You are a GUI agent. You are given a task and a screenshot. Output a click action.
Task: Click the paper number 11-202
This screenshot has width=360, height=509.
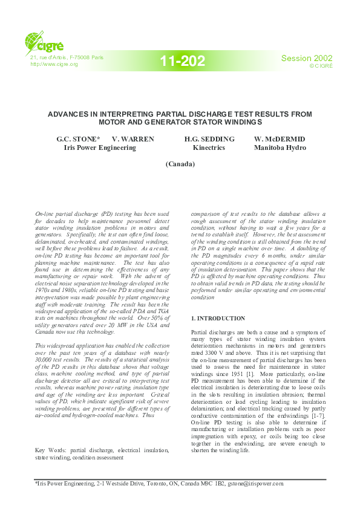183,60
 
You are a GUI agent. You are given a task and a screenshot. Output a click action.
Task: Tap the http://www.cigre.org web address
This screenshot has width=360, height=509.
54,64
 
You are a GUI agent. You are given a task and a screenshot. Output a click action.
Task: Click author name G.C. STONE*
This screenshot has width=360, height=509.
78,139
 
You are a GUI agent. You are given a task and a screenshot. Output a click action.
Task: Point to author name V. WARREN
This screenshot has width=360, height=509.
133,139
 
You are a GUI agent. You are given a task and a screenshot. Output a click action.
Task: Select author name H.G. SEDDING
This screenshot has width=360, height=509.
209,139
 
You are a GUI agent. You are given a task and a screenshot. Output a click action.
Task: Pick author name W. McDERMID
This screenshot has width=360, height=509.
280,139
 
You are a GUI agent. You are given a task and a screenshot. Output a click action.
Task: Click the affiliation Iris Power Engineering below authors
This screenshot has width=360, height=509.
100,147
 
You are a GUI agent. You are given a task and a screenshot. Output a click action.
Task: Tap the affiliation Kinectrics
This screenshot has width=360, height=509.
209,147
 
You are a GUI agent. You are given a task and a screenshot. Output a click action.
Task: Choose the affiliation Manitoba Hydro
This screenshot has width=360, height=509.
280,147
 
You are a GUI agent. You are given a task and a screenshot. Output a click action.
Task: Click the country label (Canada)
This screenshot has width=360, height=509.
180,164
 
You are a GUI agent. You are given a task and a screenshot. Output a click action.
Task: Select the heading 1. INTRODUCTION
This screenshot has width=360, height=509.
218,318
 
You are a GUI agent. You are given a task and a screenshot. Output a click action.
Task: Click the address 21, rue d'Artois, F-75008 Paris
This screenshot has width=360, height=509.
67,57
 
